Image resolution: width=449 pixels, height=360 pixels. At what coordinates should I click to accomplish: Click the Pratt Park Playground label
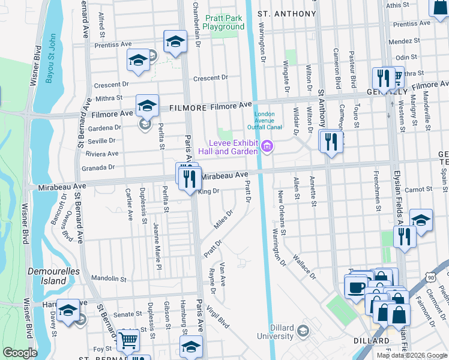223,22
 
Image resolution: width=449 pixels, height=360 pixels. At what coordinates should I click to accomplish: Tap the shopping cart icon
127,340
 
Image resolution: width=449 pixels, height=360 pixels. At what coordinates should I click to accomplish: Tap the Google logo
20,353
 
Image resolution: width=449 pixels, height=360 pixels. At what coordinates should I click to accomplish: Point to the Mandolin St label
107,279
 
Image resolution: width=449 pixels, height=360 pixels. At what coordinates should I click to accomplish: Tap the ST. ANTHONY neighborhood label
286,14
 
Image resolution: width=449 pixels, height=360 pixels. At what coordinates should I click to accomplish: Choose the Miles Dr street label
223,219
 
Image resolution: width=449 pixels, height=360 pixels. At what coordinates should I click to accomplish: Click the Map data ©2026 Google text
411,355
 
